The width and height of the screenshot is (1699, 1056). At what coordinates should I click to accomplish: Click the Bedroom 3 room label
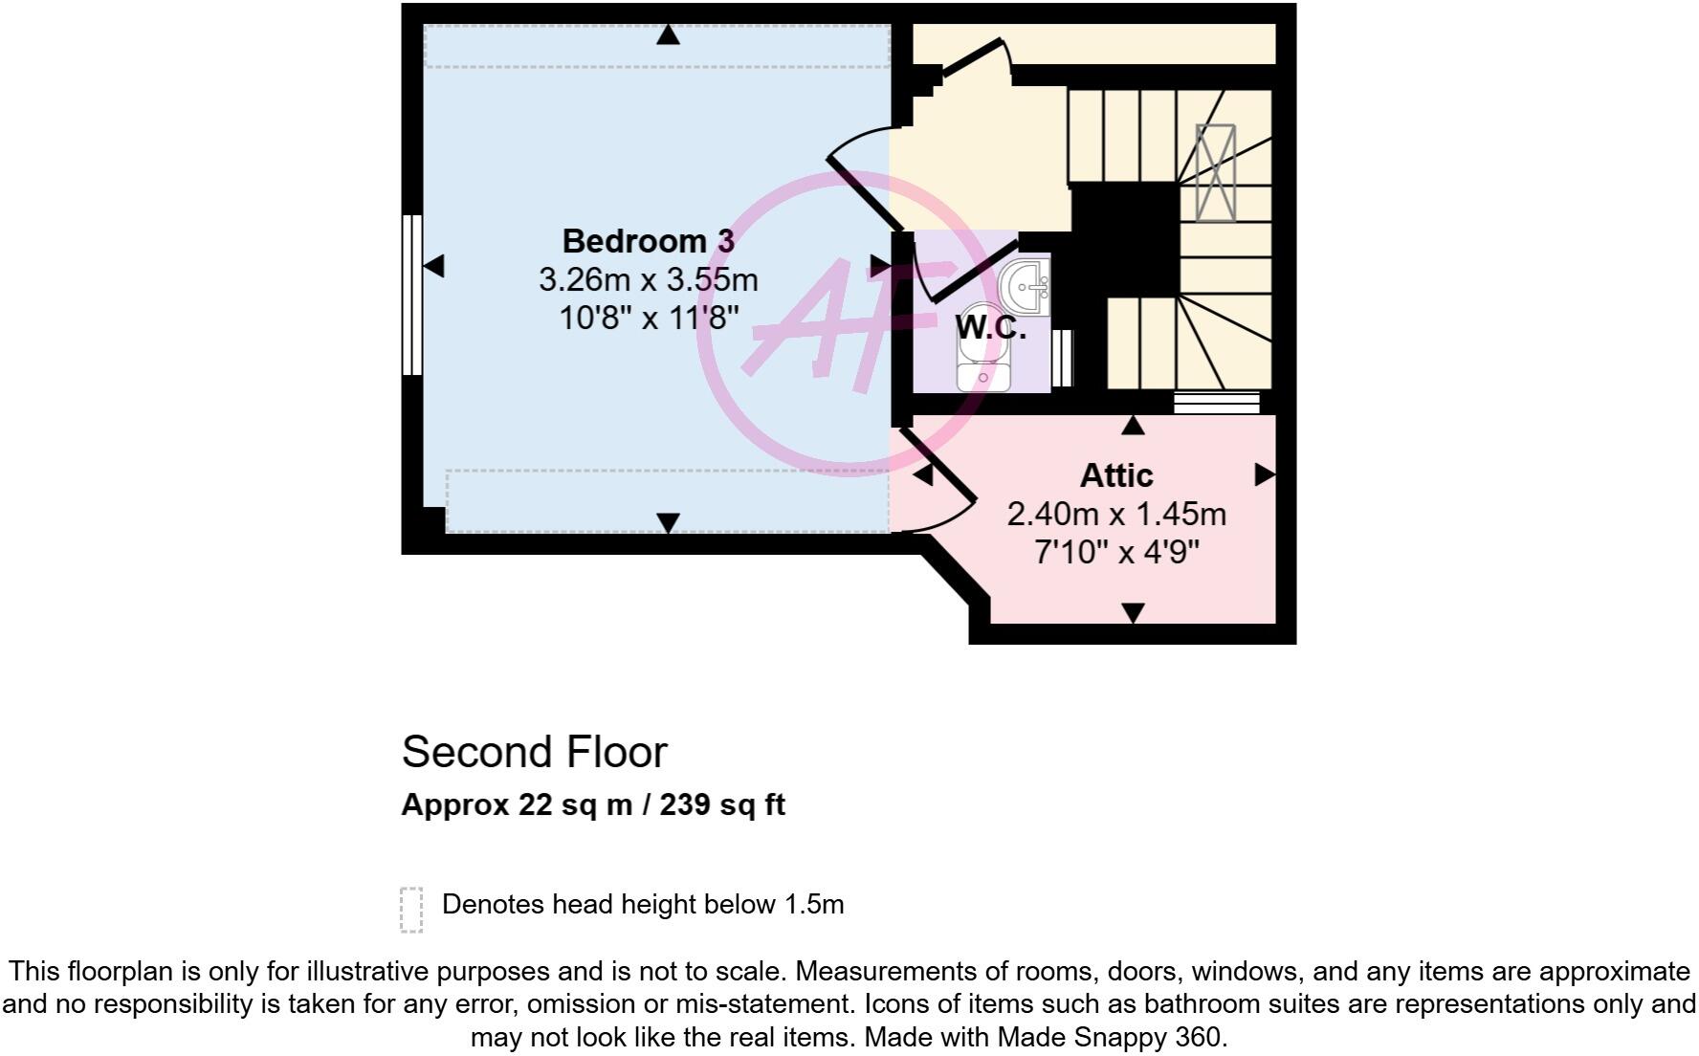pyautogui.click(x=648, y=241)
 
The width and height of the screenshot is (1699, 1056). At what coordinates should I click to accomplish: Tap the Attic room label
pyautogui.click(x=1116, y=475)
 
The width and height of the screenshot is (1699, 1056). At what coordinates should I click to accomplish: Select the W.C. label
pyautogui.click(x=991, y=328)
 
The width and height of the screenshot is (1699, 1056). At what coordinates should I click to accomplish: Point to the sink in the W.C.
pyautogui.click(x=1025, y=284)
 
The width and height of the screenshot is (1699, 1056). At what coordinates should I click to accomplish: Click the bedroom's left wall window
pyautogui.click(x=411, y=295)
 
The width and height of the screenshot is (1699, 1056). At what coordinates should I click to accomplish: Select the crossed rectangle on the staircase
pyautogui.click(x=1215, y=173)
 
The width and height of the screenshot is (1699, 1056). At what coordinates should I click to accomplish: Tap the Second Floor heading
pyautogui.click(x=534, y=752)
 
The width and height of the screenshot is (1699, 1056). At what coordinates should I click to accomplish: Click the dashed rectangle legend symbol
pyautogui.click(x=411, y=909)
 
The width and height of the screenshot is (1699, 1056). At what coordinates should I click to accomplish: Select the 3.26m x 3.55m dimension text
pyautogui.click(x=648, y=280)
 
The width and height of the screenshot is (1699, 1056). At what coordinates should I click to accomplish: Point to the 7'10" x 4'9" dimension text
pyautogui.click(x=1116, y=552)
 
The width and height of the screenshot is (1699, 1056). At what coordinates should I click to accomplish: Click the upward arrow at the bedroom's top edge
pyautogui.click(x=668, y=35)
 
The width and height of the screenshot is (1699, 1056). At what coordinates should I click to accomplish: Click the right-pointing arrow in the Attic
pyautogui.click(x=1265, y=474)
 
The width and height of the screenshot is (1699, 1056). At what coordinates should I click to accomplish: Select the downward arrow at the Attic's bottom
pyautogui.click(x=1133, y=612)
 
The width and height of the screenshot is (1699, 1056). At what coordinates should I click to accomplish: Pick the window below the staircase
pyautogui.click(x=1216, y=403)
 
